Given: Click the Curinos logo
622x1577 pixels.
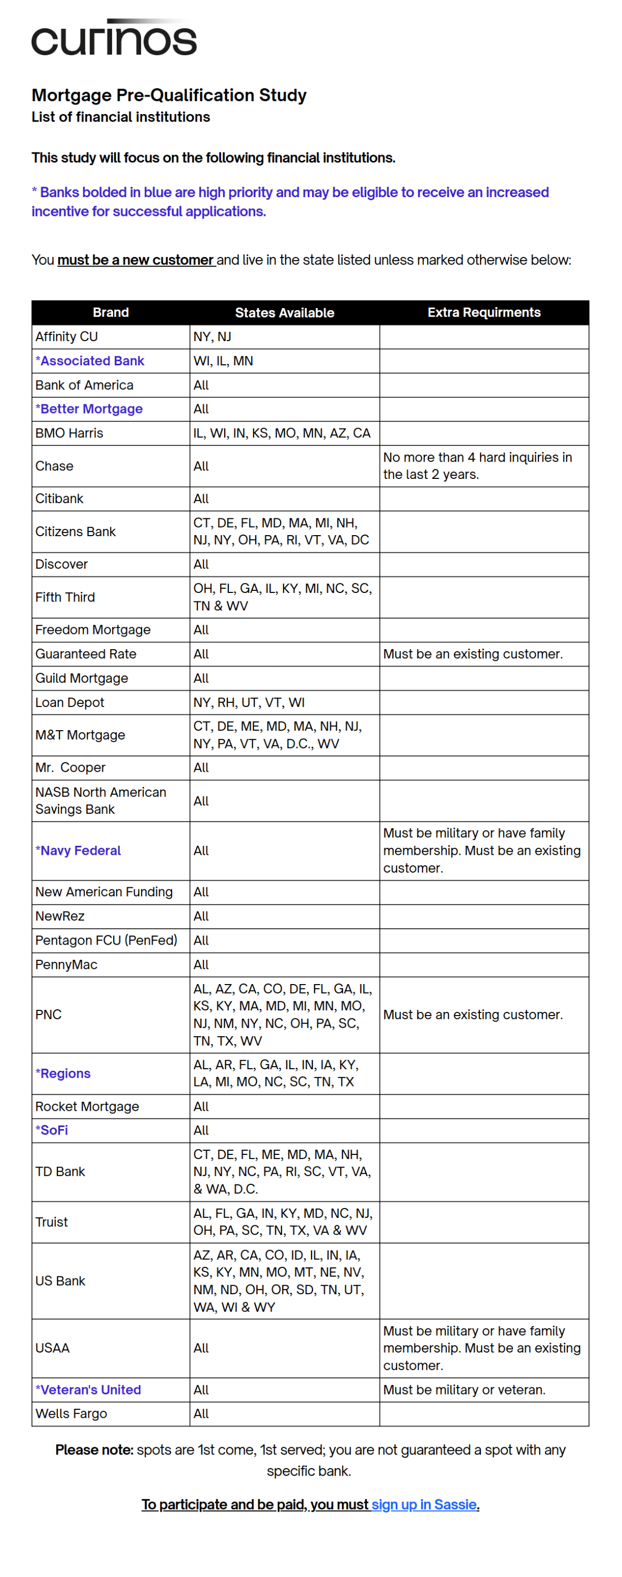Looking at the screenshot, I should click(x=114, y=38).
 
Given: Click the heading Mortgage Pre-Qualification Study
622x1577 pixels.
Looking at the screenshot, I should click(x=168, y=95).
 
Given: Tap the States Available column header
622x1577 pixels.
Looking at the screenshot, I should click(x=284, y=313).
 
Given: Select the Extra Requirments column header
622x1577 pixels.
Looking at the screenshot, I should click(x=484, y=312).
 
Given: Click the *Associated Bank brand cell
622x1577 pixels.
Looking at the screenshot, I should click(x=89, y=361).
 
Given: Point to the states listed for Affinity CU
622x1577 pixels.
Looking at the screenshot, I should click(x=212, y=337).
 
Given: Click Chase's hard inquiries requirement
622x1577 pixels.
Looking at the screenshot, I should click(x=477, y=466).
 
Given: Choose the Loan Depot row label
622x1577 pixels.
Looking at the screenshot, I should click(x=69, y=702).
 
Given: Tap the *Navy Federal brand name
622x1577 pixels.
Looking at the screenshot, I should click(x=78, y=851).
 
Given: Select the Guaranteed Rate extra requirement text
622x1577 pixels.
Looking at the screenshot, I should click(x=472, y=654).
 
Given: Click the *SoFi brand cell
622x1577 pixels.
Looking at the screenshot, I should click(x=52, y=1130).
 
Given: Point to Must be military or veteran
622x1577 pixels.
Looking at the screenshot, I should click(x=464, y=1390).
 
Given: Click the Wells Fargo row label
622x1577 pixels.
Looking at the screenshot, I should click(x=71, y=1414).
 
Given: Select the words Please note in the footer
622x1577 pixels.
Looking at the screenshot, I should click(x=94, y=1450).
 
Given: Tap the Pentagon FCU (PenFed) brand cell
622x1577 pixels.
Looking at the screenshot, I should click(x=106, y=940).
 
